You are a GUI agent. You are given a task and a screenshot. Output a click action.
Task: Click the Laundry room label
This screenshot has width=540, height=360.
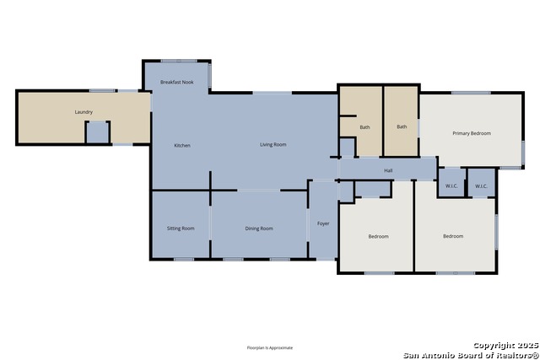pos(83,112)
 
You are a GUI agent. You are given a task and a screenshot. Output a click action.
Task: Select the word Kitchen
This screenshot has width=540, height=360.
pos(182,145)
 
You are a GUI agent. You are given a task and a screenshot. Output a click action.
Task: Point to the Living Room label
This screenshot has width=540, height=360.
pos(273,145)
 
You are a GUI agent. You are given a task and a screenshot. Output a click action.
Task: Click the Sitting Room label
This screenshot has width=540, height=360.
pos(181,228)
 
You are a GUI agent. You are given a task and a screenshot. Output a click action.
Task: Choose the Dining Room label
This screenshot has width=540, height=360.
pos(258,228)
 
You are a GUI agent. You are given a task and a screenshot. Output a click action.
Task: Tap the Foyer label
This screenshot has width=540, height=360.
pos(322,223)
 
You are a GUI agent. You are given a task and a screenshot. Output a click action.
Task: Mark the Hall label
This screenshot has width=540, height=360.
pos(388,171)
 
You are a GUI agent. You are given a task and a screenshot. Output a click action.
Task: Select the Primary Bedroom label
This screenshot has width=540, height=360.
pos(471,133)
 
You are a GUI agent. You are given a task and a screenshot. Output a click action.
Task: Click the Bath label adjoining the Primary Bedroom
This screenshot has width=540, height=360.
pos(402,127)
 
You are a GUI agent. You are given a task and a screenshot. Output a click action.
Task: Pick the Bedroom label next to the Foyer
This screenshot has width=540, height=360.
pos(378,236)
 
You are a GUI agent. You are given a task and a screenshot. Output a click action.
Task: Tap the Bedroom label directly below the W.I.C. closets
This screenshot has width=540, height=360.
pos(453,236)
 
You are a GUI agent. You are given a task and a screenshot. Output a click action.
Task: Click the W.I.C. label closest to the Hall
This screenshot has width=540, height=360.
pos(451,185)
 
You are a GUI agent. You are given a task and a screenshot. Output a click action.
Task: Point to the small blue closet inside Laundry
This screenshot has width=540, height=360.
pos(98,133)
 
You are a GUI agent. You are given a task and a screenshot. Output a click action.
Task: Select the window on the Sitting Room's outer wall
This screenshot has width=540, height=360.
pos(183,259)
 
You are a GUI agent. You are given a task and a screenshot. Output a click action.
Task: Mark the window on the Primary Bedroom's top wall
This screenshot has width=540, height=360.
pos(471,93)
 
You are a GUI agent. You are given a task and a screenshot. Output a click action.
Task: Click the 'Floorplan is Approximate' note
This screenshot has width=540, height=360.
pos(269,347)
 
